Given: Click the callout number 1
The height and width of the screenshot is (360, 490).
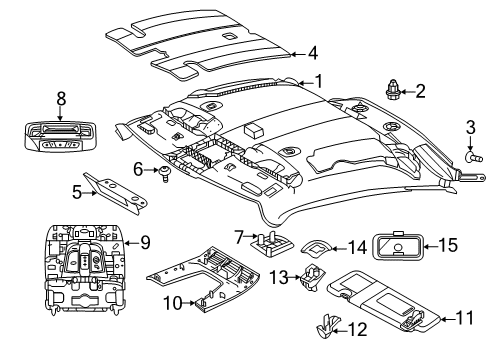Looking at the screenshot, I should coord(319,82).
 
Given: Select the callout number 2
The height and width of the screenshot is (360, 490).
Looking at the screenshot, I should coord(420,92).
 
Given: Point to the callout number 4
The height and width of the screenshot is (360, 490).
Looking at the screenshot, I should coord(313,53).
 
